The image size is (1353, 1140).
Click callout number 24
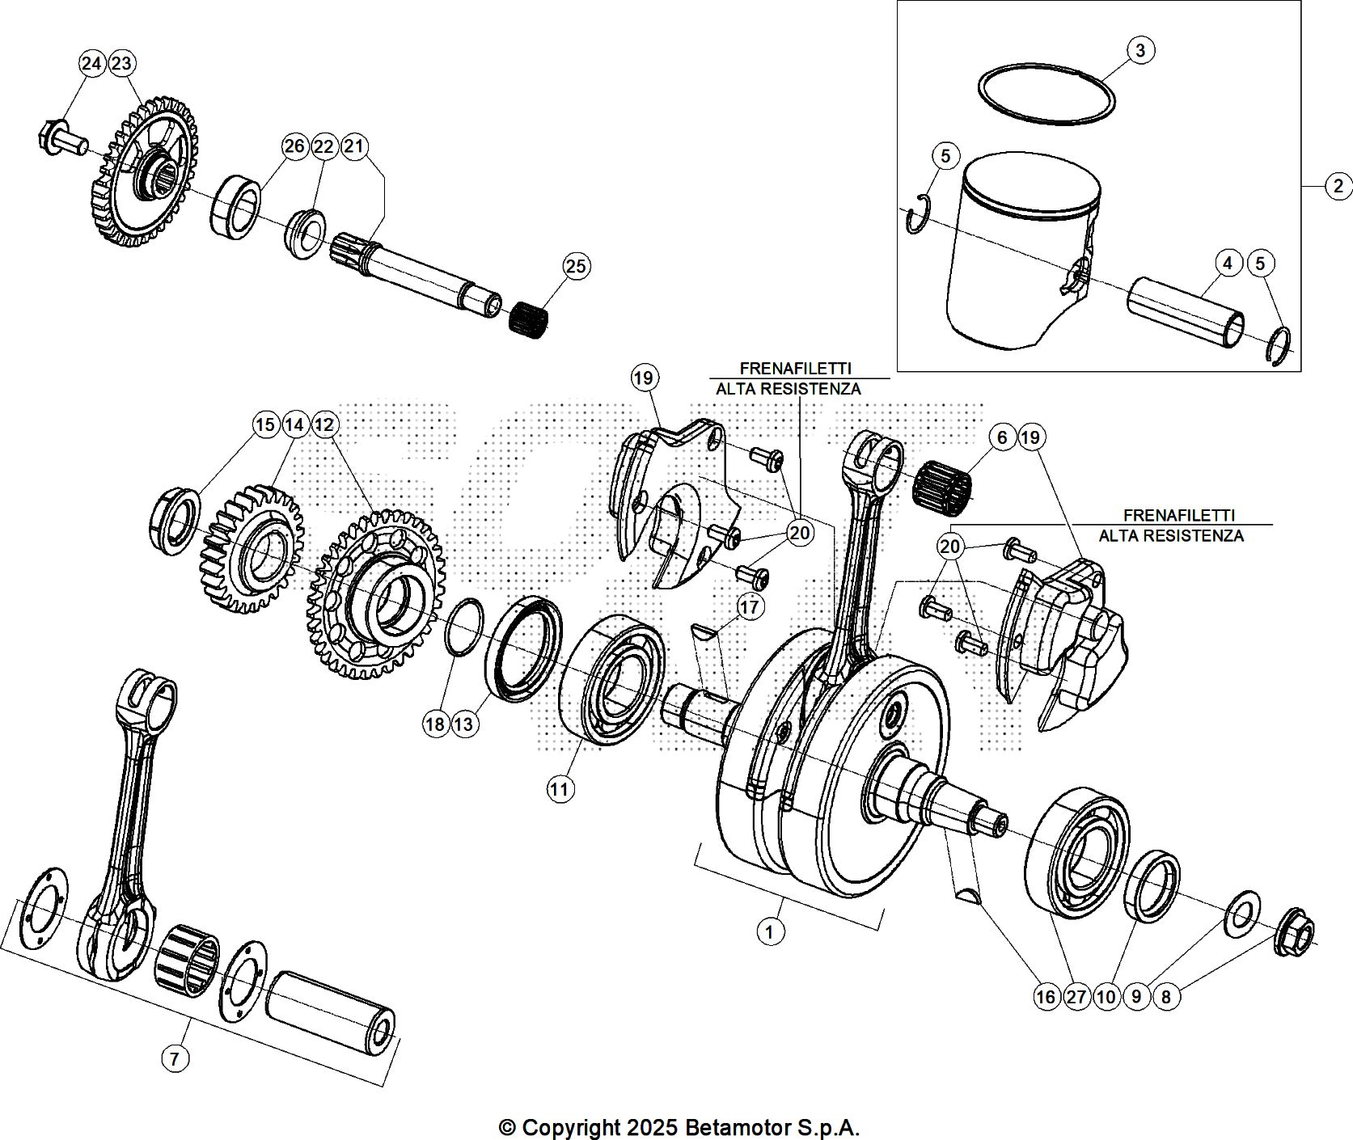[x=92, y=63]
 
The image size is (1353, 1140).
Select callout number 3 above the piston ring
[x=1140, y=50]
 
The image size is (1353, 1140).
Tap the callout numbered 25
[x=577, y=266]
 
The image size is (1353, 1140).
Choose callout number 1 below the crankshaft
[x=770, y=931]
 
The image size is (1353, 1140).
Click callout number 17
[x=750, y=606]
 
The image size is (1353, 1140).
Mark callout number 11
[x=560, y=788]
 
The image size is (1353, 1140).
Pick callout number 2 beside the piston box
[x=1338, y=187]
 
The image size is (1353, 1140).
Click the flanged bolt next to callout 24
[x=61, y=141]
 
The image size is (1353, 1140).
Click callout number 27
[x=1076, y=997]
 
